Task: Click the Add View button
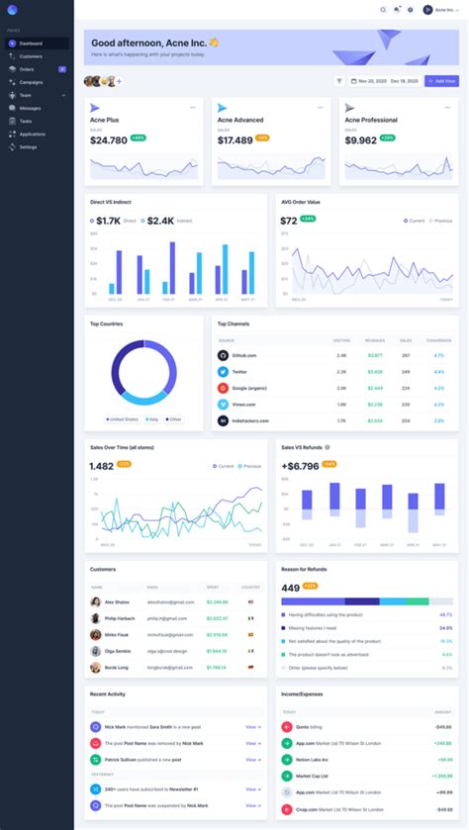[x=441, y=81]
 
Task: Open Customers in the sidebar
[x=31, y=56]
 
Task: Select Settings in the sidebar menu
[x=28, y=146]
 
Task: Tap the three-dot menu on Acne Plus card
[x=193, y=107]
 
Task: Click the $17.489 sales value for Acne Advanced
[x=234, y=140]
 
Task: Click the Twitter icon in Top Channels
[x=223, y=372]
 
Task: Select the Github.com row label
[x=244, y=355]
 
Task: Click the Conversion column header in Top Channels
[x=438, y=340]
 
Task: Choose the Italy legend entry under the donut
[x=152, y=418]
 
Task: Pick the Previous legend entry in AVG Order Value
[x=441, y=221]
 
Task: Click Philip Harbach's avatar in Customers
[x=96, y=618]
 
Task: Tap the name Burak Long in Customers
[x=117, y=668]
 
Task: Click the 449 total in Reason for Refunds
[x=290, y=588]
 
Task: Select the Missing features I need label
[x=313, y=627]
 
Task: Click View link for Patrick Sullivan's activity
[x=252, y=759]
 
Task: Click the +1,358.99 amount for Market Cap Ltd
[x=441, y=776]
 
